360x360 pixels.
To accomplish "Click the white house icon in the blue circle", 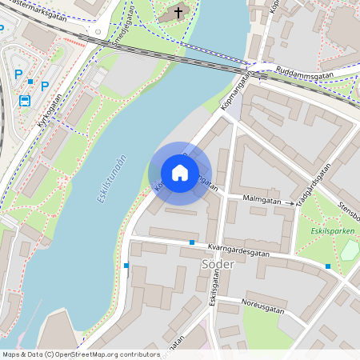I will click(180, 173).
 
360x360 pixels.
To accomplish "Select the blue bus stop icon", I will click(25, 101).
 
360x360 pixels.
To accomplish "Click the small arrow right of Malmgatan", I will click(290, 203).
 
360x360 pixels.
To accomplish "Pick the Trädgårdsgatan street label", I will click(314, 186).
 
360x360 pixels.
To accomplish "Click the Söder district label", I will click(217, 264).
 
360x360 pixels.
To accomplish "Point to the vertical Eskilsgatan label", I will click(214, 305).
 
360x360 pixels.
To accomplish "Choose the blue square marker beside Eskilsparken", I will click(328, 266).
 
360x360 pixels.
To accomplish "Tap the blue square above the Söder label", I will click(192, 242).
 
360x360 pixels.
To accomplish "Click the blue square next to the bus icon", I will click(30, 82).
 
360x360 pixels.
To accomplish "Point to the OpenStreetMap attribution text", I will click(80, 354).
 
